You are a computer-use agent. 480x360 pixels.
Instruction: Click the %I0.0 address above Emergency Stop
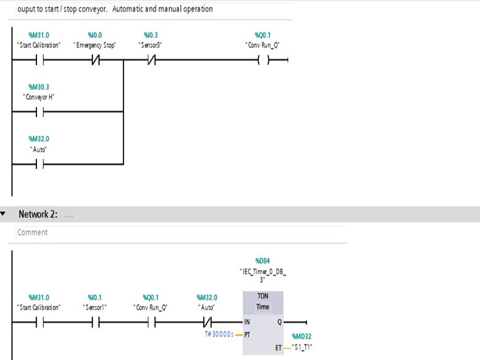(x=95, y=35)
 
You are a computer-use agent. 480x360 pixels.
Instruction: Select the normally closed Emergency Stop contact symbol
(x=95, y=60)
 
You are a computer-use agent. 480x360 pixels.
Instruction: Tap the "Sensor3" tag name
(x=150, y=45)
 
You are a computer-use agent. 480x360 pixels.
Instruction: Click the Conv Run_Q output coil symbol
(x=263, y=60)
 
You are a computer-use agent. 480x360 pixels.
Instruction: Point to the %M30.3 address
(x=39, y=87)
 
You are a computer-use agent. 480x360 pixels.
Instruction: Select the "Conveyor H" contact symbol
(x=39, y=112)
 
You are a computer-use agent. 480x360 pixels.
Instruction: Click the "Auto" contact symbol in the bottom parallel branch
(x=39, y=164)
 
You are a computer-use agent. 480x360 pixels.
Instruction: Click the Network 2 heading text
(x=38, y=215)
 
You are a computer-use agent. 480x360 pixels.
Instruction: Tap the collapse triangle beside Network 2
(x=4, y=214)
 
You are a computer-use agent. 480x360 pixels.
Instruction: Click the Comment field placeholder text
(x=33, y=232)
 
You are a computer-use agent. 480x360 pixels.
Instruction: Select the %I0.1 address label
(x=95, y=297)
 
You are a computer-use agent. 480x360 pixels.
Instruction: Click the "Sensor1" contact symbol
(x=95, y=323)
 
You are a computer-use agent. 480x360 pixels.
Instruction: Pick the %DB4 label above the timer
(x=263, y=261)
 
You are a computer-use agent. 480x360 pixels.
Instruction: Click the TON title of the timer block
(x=263, y=296)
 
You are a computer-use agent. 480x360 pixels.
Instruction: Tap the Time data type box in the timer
(x=263, y=307)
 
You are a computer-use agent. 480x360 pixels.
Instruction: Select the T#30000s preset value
(x=219, y=334)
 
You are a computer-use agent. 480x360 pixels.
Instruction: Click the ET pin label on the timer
(x=278, y=348)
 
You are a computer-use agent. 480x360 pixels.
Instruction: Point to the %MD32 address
(x=301, y=336)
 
